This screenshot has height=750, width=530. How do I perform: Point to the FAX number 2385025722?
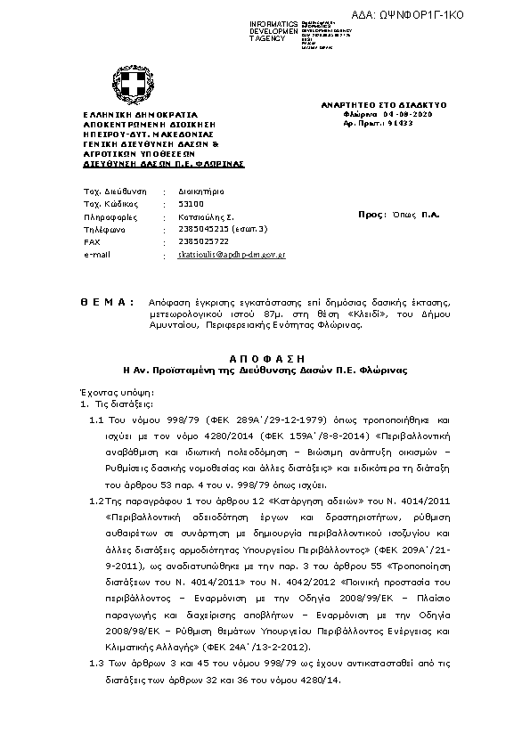click(203, 241)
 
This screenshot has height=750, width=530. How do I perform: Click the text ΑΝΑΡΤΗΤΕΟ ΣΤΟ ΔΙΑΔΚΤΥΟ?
click(383, 105)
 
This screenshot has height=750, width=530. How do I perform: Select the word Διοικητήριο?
click(200, 192)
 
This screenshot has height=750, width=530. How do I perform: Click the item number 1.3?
click(98, 664)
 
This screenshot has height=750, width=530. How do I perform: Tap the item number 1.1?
click(98, 418)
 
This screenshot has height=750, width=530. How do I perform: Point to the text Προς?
click(371, 215)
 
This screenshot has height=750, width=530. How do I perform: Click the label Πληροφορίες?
click(108, 216)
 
